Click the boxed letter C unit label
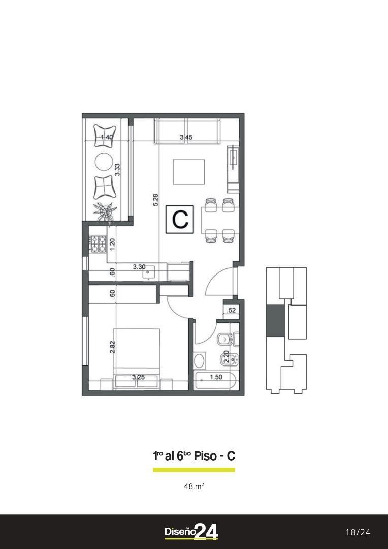coord(179,219)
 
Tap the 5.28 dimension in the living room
coord(156,200)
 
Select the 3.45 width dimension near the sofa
coord(186,138)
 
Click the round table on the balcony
coord(104,162)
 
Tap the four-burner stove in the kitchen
coord(98,244)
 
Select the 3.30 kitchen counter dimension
coord(139,267)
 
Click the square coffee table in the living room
coord(189,172)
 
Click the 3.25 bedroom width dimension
coord(139,378)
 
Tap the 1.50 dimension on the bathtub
coord(216,377)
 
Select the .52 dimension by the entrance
coord(231,310)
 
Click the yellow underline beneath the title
coord(194,470)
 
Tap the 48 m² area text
coord(194,486)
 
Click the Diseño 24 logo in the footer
coord(191,532)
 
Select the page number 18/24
coord(358,533)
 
